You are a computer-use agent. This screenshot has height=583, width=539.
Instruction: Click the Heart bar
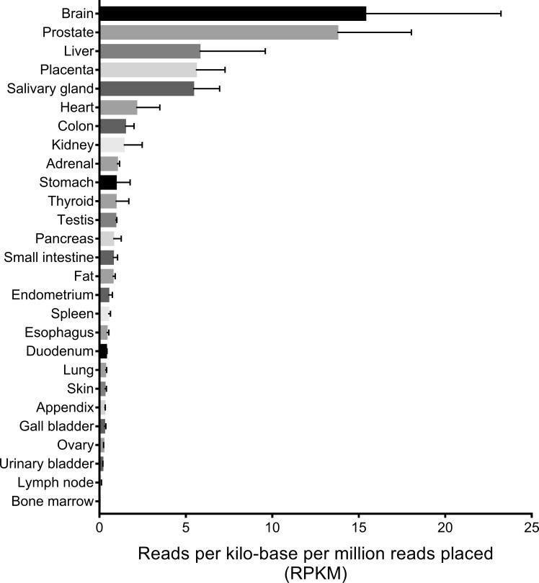click(118, 107)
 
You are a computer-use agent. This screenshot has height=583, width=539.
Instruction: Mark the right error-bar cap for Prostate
click(411, 32)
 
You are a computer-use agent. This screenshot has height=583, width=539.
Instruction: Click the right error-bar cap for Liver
click(266, 51)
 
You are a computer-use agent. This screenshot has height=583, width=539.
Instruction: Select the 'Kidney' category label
click(74, 145)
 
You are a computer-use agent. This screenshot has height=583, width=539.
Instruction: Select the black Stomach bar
click(108, 182)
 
